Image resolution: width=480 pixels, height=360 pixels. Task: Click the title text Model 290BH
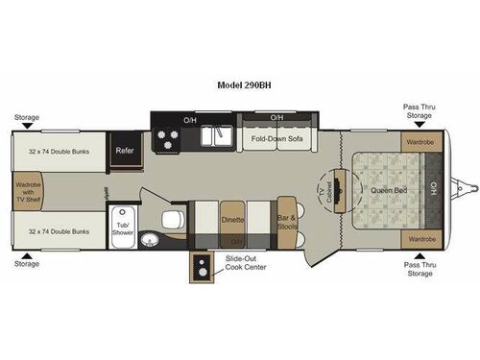point(243,84)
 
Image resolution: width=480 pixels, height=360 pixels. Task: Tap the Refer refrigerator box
point(125,151)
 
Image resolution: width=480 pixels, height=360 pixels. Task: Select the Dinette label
point(233,219)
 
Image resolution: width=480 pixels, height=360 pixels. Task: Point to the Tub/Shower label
point(124,228)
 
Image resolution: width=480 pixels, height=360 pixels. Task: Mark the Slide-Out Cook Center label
point(246,263)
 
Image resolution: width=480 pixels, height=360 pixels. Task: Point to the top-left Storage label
point(27,117)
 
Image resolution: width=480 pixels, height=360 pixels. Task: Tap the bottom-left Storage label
point(27,264)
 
